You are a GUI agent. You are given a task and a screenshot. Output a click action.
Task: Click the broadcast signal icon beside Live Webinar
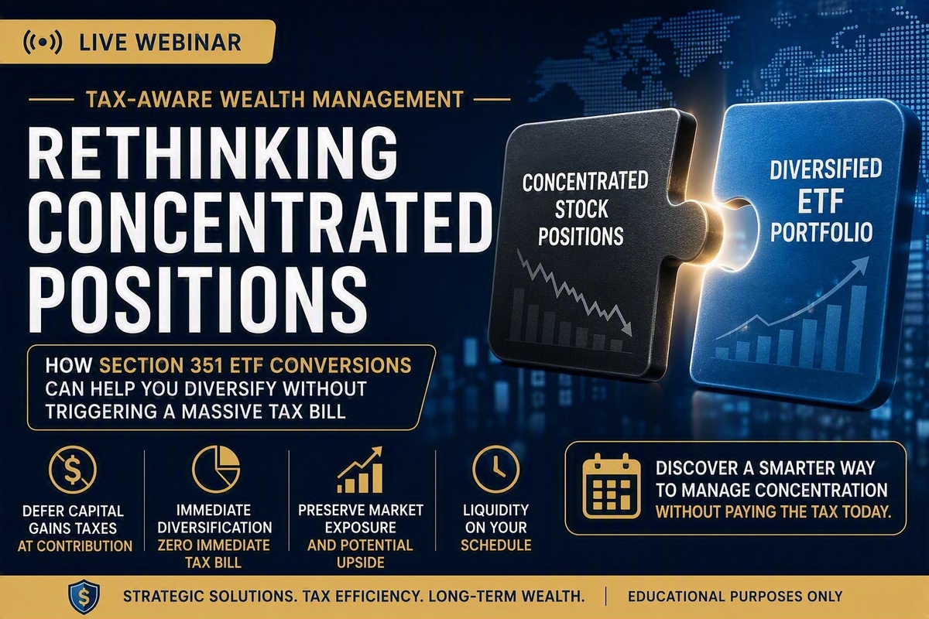pos(43,42)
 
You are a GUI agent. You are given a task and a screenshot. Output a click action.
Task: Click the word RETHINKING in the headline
pos(213,152)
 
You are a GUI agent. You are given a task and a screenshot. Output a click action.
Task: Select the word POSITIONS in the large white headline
pos(197,299)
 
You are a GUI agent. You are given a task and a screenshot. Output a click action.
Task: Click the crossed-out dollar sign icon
pos(73,470)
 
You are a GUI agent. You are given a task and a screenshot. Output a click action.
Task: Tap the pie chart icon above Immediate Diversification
pos(216,469)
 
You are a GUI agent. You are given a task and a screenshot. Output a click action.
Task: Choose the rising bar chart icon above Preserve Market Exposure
pos(360,470)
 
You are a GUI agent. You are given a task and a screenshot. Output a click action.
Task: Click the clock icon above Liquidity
pos(495,470)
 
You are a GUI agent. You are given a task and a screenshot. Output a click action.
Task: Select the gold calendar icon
pos(612,487)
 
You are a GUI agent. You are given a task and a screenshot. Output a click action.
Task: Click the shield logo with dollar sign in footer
pos(84,597)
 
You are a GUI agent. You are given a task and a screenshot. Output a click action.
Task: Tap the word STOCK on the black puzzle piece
pos(581,209)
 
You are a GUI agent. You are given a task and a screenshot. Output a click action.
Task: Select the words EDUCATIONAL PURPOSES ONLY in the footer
pos(735,597)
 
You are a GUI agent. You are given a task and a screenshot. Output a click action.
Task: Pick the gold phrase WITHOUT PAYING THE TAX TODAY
pos(773,512)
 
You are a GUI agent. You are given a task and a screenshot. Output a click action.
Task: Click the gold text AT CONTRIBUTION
pos(75,546)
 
